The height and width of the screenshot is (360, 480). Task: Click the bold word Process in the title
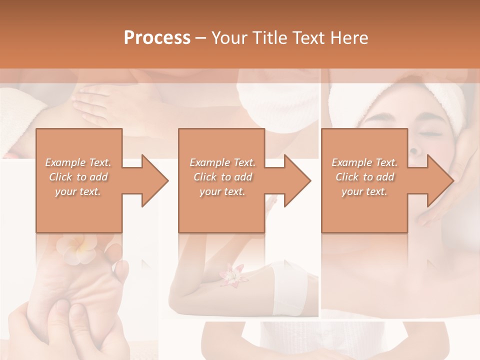[x=157, y=38]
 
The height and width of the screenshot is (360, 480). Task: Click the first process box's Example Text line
[x=78, y=162]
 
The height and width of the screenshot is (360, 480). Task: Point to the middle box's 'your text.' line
[x=222, y=192]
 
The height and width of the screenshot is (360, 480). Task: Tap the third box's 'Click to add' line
[x=364, y=177]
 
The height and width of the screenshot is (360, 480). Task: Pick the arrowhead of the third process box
[x=440, y=180]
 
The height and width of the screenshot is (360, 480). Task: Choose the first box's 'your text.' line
[x=78, y=192]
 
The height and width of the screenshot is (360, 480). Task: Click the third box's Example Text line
[x=364, y=162]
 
